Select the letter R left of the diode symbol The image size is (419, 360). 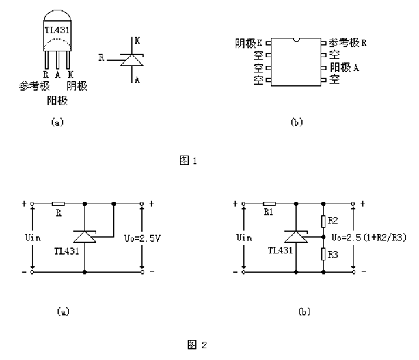point(101,59)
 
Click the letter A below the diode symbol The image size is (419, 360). point(137,79)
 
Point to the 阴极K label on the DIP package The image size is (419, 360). point(249,43)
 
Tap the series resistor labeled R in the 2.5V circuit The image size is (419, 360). point(58,204)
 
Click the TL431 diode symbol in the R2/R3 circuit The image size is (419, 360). point(295,236)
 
